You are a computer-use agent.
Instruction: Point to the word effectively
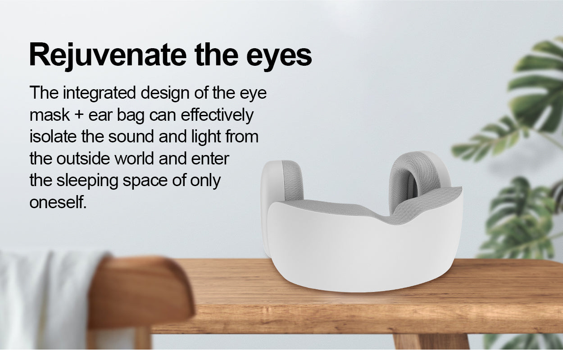pyautogui.click(x=217, y=116)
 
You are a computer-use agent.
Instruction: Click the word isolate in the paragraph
pyautogui.click(x=53, y=137)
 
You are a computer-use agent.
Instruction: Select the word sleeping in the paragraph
pyautogui.click(x=87, y=181)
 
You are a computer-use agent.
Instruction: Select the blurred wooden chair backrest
pyautogui.click(x=141, y=292)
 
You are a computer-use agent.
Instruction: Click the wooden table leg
pyautogui.click(x=431, y=342)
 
